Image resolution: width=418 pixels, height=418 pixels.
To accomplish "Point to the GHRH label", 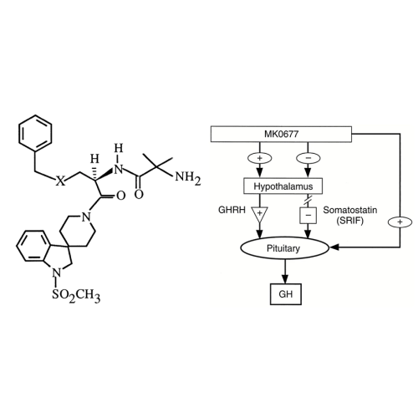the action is pos(232,210).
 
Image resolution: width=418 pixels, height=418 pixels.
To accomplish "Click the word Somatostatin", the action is pos(350,210).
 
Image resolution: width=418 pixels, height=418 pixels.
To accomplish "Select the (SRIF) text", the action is pos(350,221).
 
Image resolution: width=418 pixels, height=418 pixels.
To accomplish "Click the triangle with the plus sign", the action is pos(259,214).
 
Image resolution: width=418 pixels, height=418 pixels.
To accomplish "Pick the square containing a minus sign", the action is pos(308,215).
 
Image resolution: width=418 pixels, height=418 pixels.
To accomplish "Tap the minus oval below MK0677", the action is pos(308,158).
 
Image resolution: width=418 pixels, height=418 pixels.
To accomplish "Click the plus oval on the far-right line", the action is pos(400,222).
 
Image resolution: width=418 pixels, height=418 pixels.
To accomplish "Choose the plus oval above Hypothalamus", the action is pos(259,158).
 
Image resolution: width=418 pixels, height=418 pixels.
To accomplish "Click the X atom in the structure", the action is pos(60,181).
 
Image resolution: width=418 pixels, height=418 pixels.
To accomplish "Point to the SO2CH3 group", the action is pos(76,295).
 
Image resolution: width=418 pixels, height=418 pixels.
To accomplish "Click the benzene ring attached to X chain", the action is pos(35,133).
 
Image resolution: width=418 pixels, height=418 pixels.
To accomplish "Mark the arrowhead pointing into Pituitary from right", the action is pos(334,247).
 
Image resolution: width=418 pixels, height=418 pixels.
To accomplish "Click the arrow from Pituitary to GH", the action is pos(284,272).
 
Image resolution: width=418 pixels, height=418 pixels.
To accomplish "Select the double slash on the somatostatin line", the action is pos(308,200).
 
